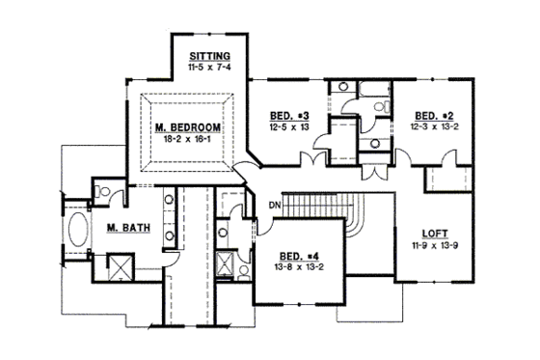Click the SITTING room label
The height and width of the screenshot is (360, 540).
tap(209, 54)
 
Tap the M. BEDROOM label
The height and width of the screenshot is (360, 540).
tap(188, 126)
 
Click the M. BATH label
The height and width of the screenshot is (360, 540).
tap(124, 228)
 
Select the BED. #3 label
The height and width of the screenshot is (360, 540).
tap(288, 115)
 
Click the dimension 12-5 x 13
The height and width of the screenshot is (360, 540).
tap(288, 126)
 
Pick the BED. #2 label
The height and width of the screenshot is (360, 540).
tap(431, 115)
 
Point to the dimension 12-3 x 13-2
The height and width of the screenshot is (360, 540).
tap(431, 126)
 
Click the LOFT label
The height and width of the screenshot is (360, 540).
tap(436, 234)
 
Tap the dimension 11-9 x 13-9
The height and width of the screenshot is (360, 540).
tap(436, 246)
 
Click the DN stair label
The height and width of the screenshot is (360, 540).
tap(275, 205)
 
